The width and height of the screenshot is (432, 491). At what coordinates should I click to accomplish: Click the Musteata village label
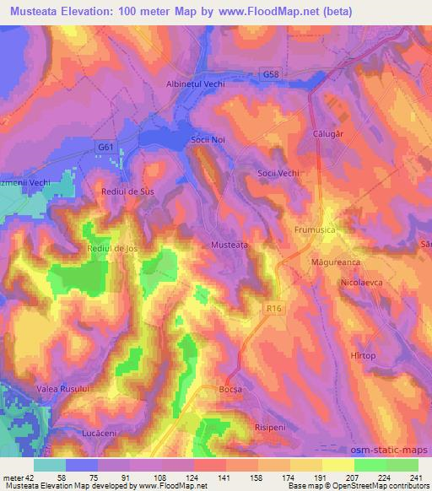pyautogui.click(x=229, y=245)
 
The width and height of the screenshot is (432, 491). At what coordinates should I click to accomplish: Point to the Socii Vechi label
pyautogui.click(x=278, y=173)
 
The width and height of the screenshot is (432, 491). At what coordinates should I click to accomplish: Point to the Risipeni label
pyautogui.click(x=273, y=428)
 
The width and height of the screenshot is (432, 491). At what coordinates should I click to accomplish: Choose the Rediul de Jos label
pyautogui.click(x=112, y=249)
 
